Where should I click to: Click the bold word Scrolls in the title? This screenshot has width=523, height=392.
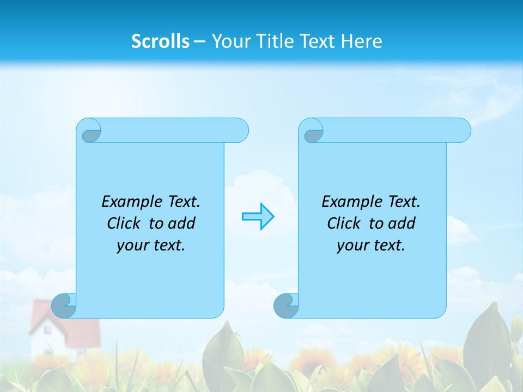pyautogui.click(x=161, y=41)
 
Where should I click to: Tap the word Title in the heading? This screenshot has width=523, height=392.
pyautogui.click(x=275, y=41)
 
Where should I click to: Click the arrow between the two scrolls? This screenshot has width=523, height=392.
pyautogui.click(x=258, y=217)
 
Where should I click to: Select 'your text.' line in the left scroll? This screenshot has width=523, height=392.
pyautogui.click(x=151, y=245)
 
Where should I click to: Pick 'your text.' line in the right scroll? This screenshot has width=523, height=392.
pyautogui.click(x=371, y=245)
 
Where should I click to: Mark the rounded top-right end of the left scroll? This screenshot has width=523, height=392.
pyautogui.click(x=240, y=130)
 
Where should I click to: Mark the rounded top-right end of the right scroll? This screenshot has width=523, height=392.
pyautogui.click(x=462, y=130)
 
